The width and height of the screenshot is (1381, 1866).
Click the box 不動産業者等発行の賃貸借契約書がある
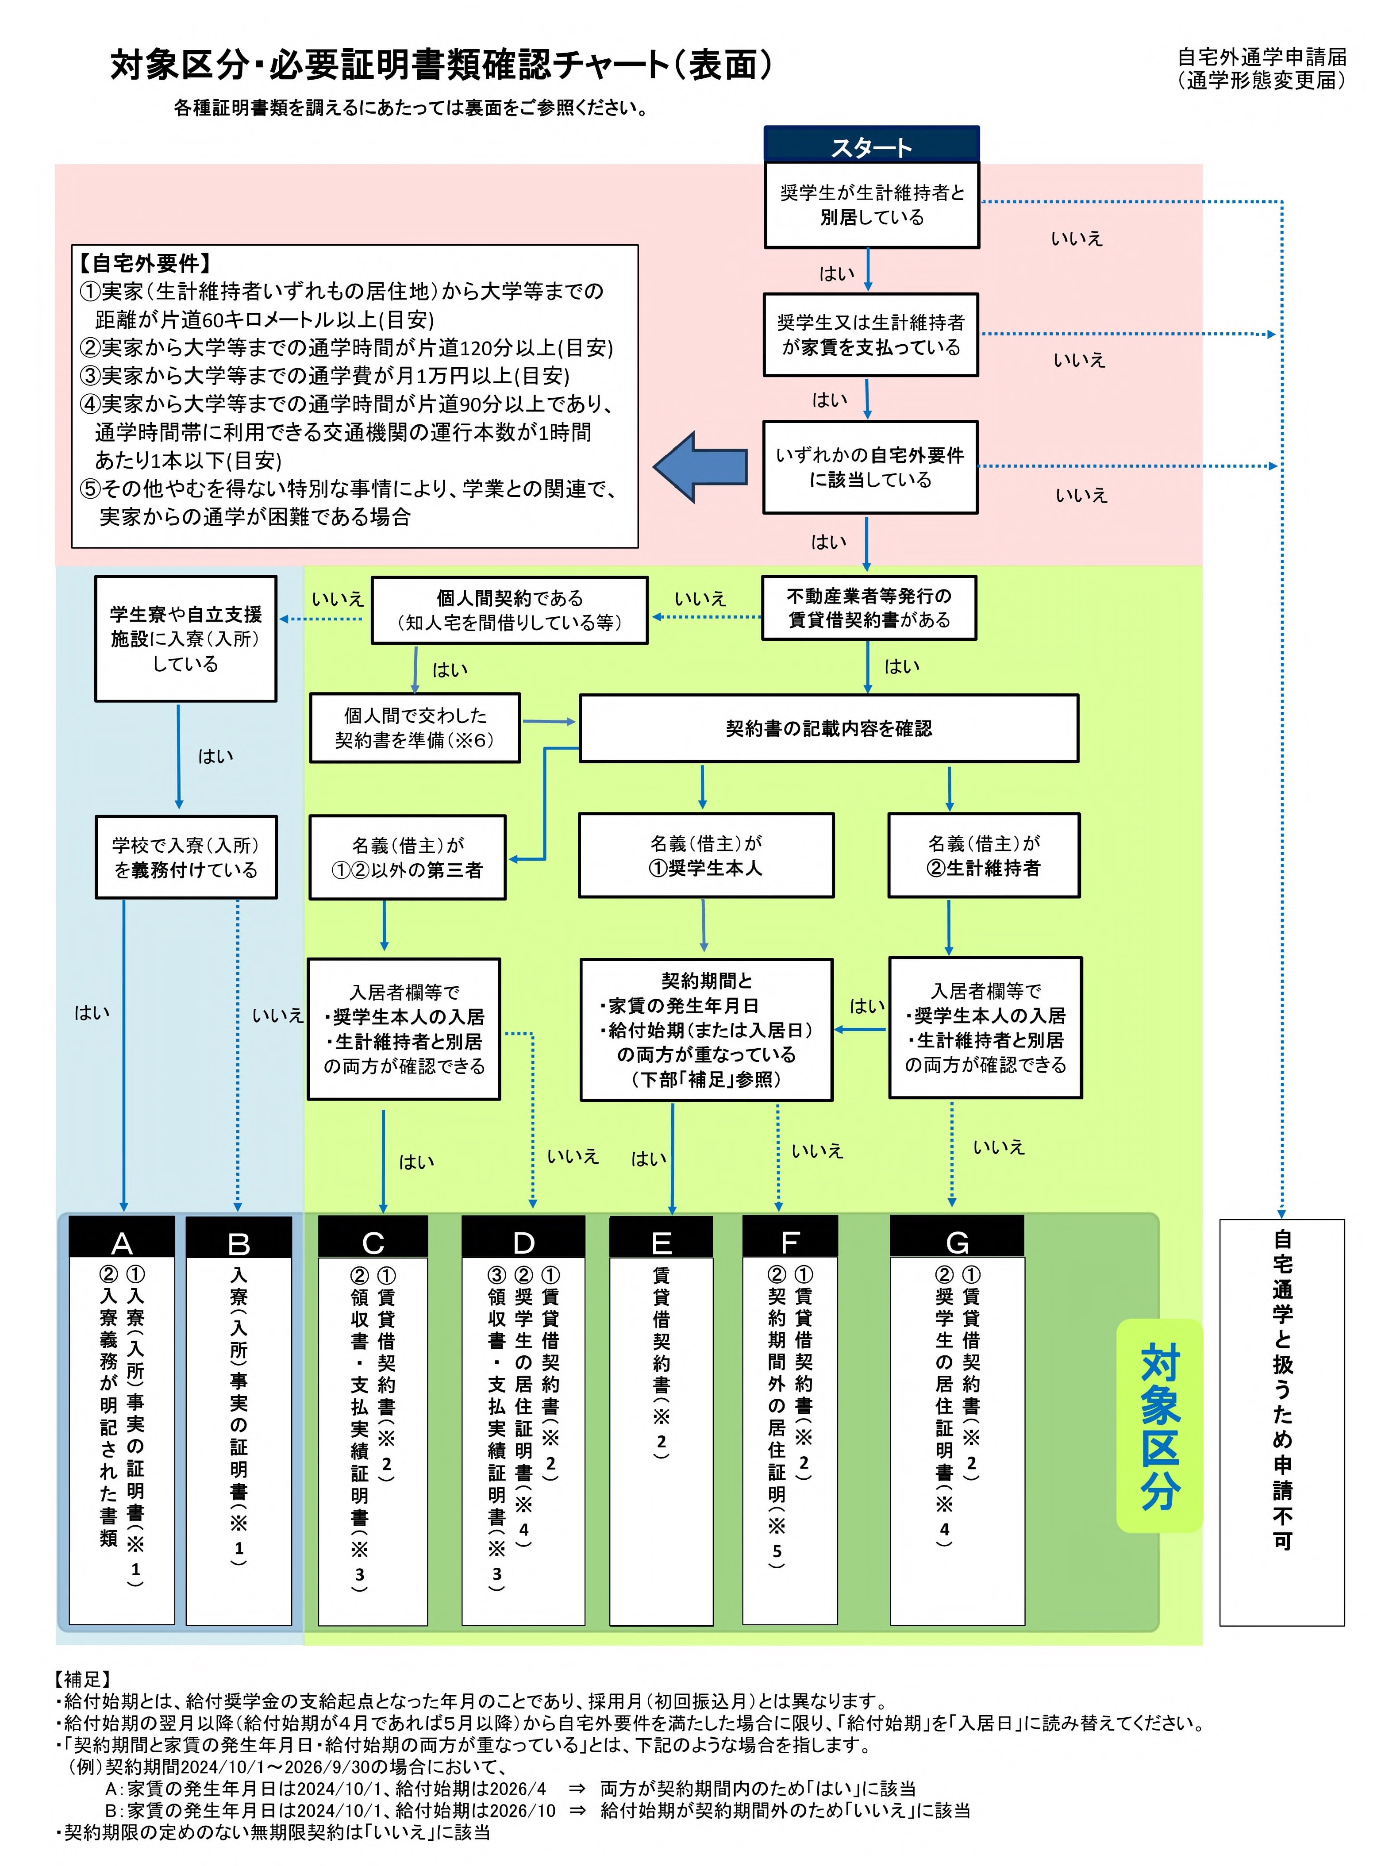tap(869, 608)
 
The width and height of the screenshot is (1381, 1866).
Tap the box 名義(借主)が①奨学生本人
tap(706, 855)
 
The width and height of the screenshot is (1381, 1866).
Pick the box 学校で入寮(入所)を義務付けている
tap(185, 858)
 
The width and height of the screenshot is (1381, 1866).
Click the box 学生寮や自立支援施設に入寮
tap(185, 639)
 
